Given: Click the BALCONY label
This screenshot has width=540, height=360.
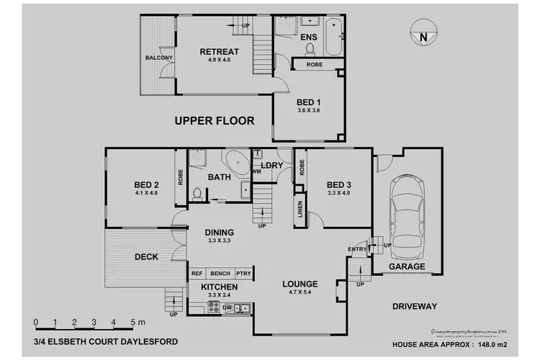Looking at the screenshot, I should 158,58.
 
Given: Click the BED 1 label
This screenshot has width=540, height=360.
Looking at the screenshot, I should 308,101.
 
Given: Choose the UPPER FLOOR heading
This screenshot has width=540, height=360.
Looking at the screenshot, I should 215,120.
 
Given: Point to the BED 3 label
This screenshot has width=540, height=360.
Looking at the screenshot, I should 337,183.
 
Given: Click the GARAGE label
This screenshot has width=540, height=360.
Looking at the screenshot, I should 408,266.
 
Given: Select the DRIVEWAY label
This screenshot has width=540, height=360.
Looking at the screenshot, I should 414,306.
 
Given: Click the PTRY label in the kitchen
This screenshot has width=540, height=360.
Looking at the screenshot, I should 244,274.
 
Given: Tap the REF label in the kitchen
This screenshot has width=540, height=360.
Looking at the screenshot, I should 196,274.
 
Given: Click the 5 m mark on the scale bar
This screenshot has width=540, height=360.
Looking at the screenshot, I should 135,322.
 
